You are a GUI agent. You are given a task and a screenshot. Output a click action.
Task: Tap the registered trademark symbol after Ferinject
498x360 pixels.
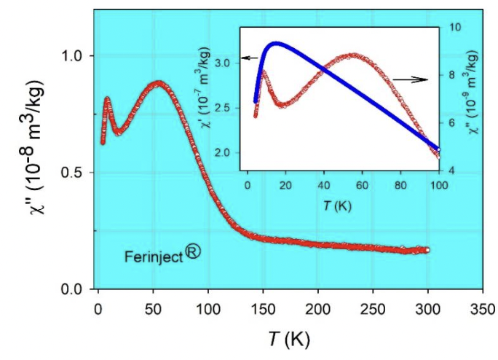point(194,252)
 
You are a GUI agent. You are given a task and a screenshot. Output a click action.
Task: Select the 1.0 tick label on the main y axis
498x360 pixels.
point(80,56)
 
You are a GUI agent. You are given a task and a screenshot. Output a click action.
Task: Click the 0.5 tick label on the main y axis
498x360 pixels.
point(80,173)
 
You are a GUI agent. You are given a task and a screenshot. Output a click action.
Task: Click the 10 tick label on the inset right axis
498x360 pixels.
point(451,27)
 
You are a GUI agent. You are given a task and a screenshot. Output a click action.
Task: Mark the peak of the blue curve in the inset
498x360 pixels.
point(274,43)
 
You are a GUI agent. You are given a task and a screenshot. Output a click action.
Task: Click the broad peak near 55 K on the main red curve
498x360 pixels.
point(158,83)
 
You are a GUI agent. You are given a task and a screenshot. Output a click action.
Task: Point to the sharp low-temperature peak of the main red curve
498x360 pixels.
point(107,98)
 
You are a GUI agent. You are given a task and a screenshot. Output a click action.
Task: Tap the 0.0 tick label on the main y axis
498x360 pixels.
point(80,289)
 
